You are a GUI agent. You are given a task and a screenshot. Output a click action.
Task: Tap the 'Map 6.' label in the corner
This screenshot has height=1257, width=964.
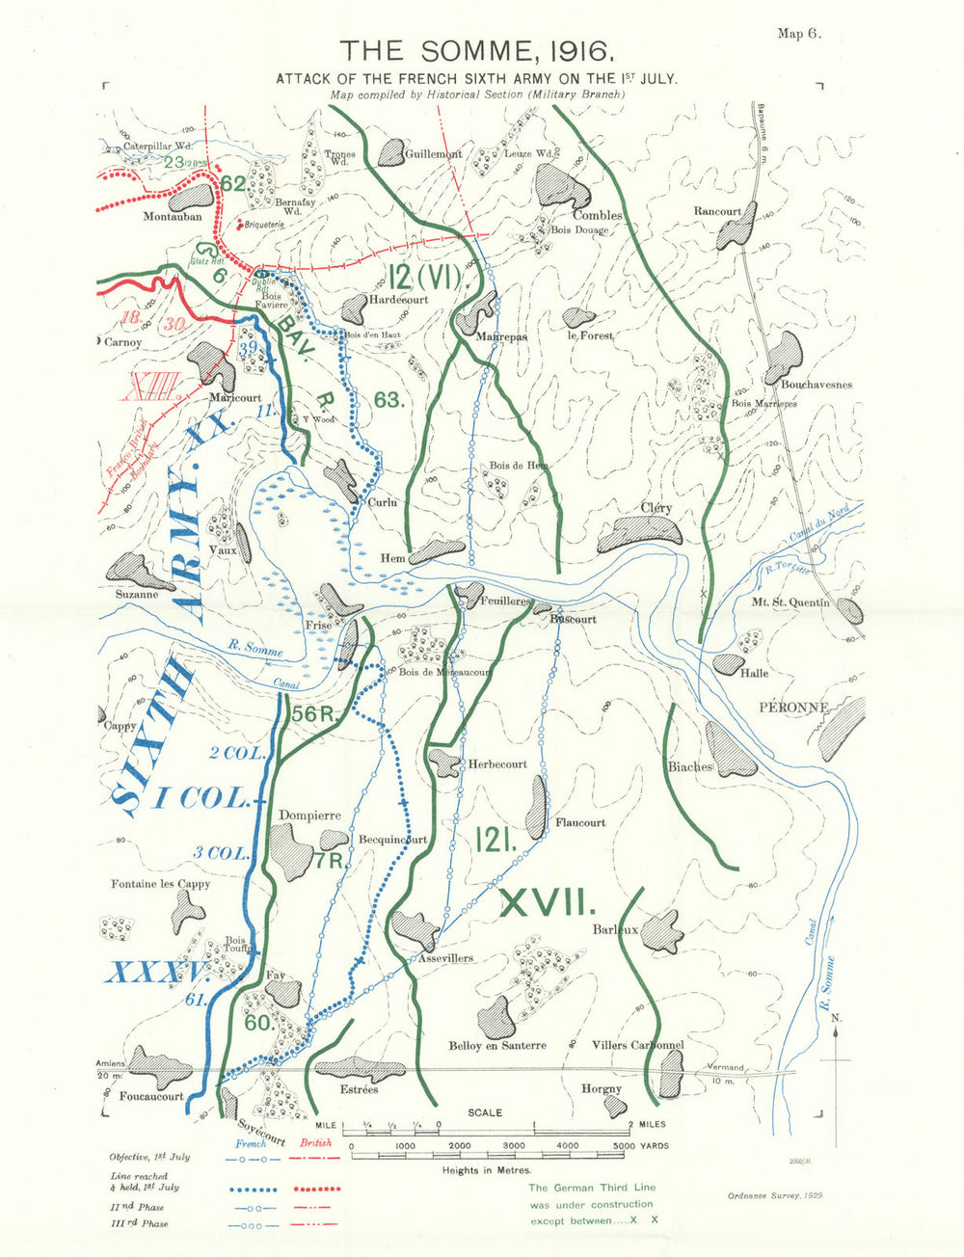pyautogui.click(x=798, y=33)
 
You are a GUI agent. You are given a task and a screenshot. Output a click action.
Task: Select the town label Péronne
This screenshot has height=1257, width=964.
pyautogui.click(x=793, y=707)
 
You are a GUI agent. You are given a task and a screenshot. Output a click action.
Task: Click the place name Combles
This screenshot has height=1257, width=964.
pyautogui.click(x=598, y=215)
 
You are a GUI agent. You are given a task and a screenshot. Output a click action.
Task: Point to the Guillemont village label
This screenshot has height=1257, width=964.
pyautogui.click(x=433, y=153)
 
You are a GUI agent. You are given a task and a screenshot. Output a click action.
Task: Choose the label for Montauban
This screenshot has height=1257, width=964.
pyautogui.click(x=173, y=217)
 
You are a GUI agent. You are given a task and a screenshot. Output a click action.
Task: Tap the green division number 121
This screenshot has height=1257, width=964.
pyautogui.click(x=495, y=839)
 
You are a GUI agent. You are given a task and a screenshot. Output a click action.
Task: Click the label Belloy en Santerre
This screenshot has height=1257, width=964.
pyautogui.click(x=497, y=1045)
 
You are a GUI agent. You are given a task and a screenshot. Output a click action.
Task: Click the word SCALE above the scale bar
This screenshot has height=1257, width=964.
pyautogui.click(x=485, y=1112)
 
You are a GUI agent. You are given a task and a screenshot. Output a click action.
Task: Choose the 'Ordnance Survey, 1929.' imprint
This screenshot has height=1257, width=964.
pyautogui.click(x=768, y=1193)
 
